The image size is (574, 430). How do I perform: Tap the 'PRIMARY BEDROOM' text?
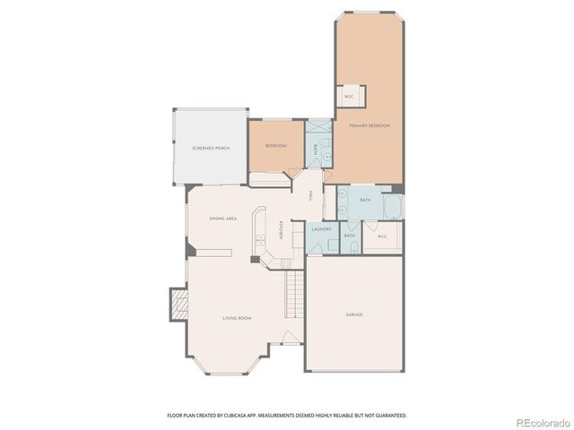pos(370,126)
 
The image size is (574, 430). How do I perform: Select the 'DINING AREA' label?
pos(222,219)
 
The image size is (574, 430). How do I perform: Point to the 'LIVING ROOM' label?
pos(237,318)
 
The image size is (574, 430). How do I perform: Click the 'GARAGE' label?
pos(354,314)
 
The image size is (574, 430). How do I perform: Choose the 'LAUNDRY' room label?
pos(321,229)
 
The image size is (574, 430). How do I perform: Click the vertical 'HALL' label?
pos(310,195)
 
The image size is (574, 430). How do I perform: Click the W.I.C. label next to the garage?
pos(382,236)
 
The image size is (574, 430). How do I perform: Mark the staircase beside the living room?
pos(294,297)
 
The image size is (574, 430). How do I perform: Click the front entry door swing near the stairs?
pos(289,339)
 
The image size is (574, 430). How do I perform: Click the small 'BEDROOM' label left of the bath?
pos(275,145)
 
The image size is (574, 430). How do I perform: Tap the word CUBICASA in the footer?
pos(235,416)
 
